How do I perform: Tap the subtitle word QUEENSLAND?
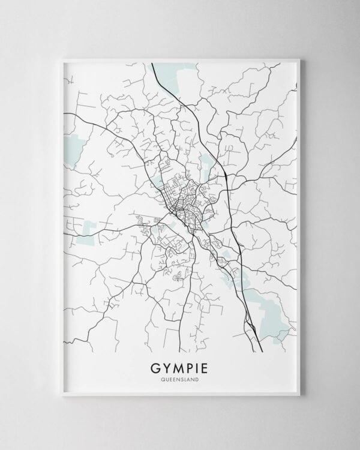point(180,378)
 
